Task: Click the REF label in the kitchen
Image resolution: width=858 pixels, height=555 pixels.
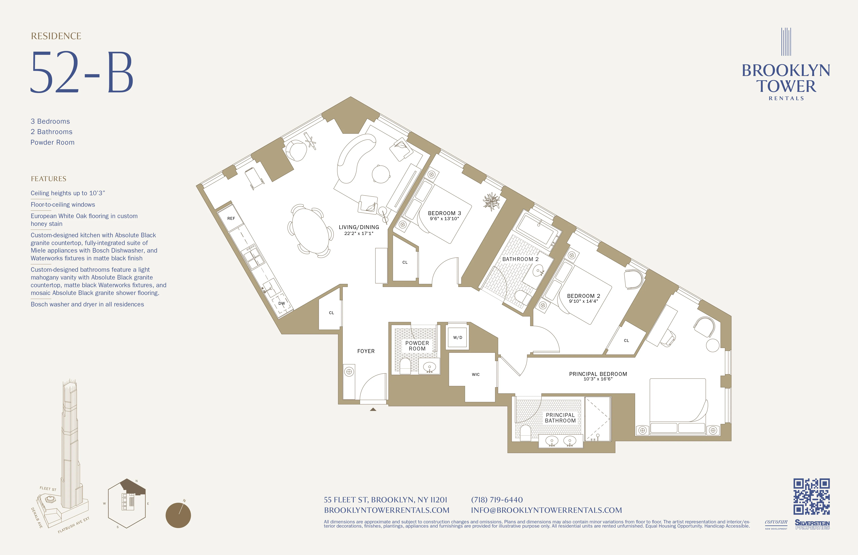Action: tap(231, 218)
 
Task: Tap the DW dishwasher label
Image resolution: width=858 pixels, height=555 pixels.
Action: tap(282, 303)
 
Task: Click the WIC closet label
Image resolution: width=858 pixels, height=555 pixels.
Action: tap(475, 374)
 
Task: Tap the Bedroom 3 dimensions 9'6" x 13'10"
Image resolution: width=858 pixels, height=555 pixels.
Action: tap(444, 219)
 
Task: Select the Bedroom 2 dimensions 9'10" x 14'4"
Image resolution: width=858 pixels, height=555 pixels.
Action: tap(583, 301)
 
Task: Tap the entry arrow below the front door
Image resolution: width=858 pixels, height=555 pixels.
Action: tap(373, 409)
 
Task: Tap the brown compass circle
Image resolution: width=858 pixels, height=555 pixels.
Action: tap(178, 515)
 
